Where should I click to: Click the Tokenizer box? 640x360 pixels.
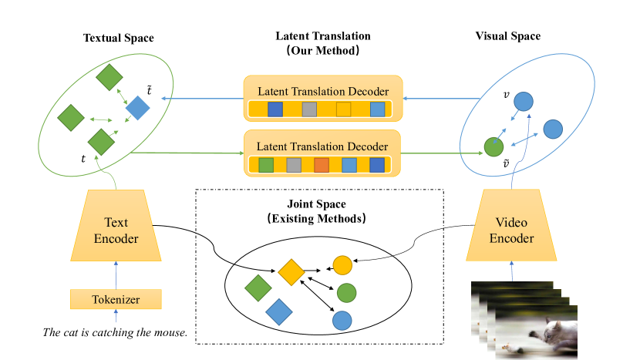click(116, 298)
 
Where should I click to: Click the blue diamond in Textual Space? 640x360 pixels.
click(137, 108)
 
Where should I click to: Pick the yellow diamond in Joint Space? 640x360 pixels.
click(290, 271)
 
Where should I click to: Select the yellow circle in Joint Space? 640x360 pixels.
click(342, 266)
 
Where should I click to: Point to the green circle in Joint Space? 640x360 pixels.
click(346, 293)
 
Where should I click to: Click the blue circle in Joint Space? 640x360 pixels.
click(342, 319)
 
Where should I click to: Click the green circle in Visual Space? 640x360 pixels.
click(493, 145)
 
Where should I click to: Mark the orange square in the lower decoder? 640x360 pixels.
click(322, 165)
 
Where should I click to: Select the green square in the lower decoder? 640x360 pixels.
click(266, 165)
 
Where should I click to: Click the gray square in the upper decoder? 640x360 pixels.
click(310, 109)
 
